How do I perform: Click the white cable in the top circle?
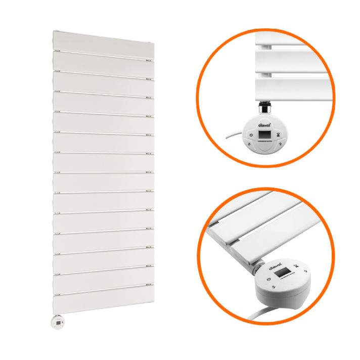231,137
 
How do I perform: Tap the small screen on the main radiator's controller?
60,321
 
